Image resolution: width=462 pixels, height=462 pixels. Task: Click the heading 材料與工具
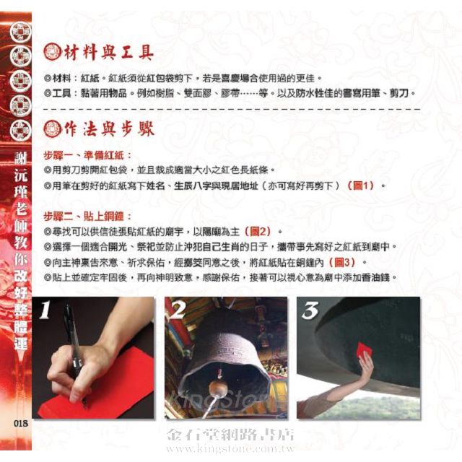(x=109, y=53)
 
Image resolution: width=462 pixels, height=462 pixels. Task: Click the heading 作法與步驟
(x=109, y=129)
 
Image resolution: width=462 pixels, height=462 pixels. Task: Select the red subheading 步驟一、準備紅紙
(x=87, y=155)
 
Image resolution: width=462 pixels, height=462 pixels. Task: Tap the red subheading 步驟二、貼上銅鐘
(x=87, y=217)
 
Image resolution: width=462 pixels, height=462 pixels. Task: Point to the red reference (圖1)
(x=361, y=186)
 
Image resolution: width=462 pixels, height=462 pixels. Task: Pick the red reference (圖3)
(x=342, y=262)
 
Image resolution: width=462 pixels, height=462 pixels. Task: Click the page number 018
(x=21, y=424)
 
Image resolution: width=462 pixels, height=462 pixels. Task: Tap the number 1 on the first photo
(x=45, y=310)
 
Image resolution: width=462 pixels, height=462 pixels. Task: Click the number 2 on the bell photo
(x=178, y=310)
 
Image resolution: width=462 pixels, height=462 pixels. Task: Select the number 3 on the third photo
(x=310, y=310)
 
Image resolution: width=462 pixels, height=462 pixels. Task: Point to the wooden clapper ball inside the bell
(x=218, y=389)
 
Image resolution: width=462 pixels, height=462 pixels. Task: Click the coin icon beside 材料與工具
(x=53, y=53)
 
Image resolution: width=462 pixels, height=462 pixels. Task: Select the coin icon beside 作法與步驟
(x=53, y=129)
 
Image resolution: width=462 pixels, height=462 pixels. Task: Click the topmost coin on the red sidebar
(x=21, y=32)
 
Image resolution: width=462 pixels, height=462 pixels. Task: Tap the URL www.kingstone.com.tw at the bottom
(x=230, y=449)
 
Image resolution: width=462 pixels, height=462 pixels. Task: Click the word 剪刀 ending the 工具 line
(x=399, y=93)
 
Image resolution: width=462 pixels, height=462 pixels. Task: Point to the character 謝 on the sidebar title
(x=21, y=159)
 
